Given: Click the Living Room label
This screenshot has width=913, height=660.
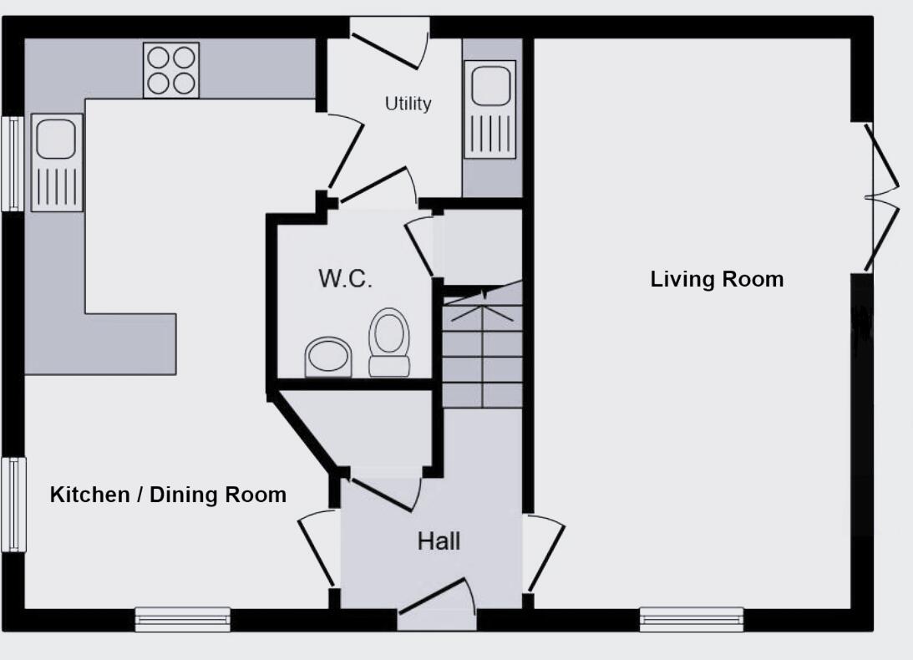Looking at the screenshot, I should (717, 279).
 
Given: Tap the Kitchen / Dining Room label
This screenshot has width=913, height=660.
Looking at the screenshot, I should (168, 495).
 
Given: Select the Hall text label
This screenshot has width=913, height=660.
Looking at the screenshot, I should (439, 541).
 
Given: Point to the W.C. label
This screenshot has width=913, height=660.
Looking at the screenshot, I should (345, 279).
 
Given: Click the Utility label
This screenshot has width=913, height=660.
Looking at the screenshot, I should (408, 104).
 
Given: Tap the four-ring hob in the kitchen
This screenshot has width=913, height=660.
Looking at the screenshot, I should (170, 70).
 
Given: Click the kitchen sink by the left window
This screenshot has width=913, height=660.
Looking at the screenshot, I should (57, 163).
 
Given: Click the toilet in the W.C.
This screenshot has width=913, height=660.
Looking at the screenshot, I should (389, 343).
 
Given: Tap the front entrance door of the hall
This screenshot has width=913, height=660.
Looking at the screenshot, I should (436, 603).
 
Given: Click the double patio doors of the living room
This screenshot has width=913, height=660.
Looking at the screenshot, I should (881, 198).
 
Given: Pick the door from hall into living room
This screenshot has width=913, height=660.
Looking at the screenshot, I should (544, 555).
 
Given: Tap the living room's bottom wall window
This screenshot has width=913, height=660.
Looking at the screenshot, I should (691, 619).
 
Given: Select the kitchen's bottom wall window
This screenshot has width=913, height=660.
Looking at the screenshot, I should (183, 619).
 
